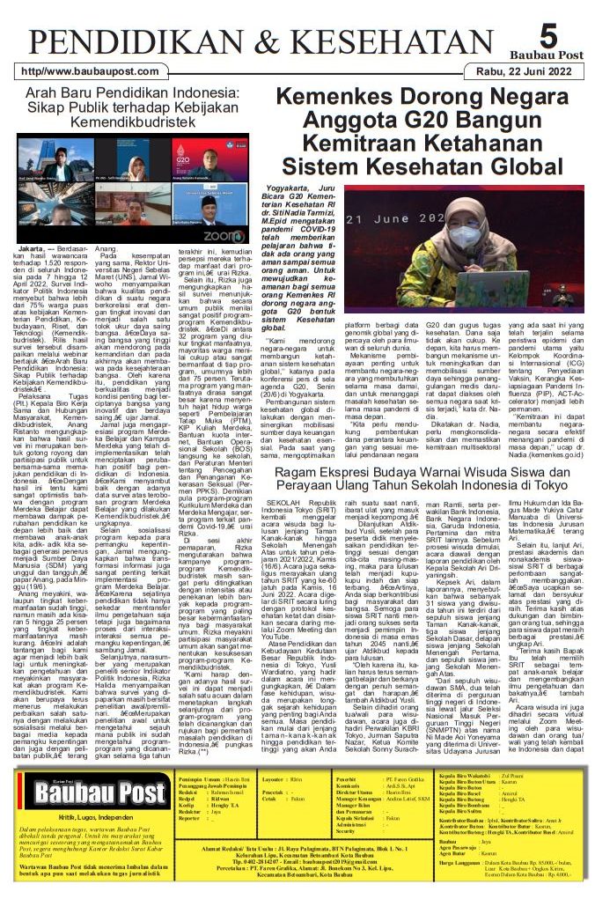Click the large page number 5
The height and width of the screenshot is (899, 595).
[547, 35]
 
